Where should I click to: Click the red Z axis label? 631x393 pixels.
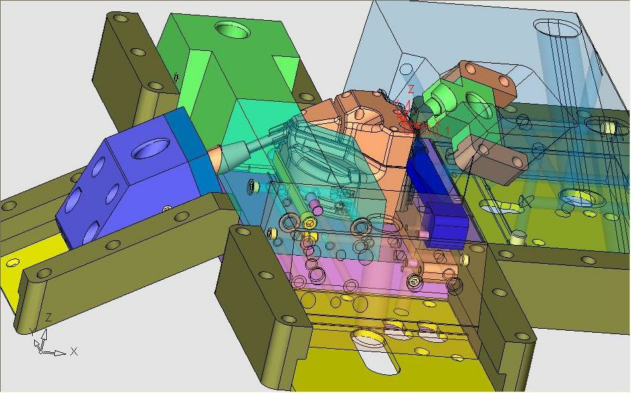(x=412, y=88)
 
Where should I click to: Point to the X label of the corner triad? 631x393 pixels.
(x=74, y=351)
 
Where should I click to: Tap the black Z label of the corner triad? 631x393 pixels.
(x=48, y=317)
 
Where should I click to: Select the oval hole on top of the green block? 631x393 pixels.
(x=233, y=30)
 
